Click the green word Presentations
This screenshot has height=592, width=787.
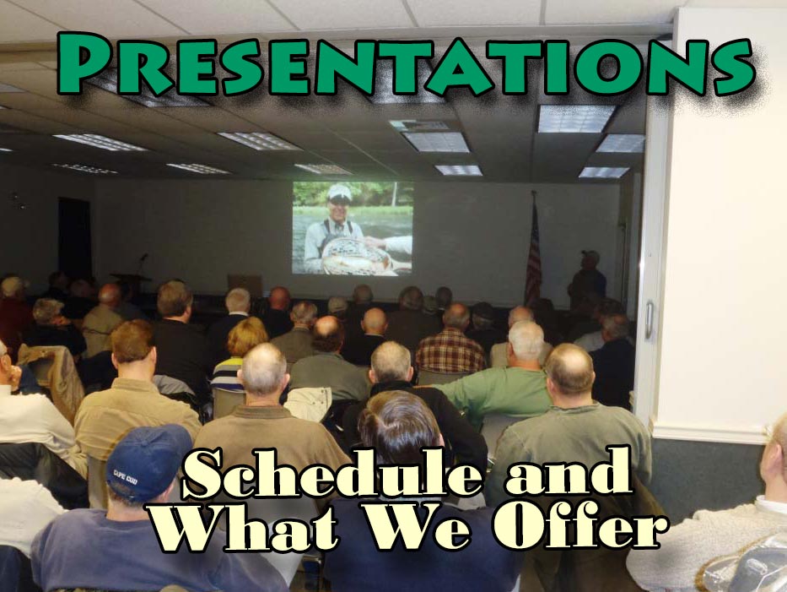coord(406,64)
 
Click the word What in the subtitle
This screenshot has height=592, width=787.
coord(245,526)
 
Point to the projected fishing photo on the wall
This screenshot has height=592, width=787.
coord(353,228)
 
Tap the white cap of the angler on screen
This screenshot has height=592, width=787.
coord(339,191)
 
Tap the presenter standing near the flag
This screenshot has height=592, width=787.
coord(587,279)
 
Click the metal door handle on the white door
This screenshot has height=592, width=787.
coord(649,319)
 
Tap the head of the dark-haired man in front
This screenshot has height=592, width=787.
coord(398,426)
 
